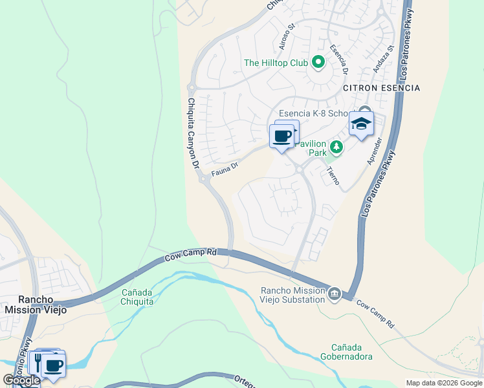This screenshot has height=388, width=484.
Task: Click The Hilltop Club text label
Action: pyautogui.click(x=275, y=63)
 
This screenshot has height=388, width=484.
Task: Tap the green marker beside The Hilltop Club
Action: pyautogui.click(x=318, y=63)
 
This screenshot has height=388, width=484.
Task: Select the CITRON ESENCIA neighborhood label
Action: pyautogui.click(x=381, y=88)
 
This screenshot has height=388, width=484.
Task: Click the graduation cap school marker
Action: pyautogui.click(x=361, y=124)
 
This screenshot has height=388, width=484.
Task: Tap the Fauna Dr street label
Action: pyautogui.click(x=225, y=169)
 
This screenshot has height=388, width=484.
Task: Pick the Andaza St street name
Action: pyautogui.click(x=382, y=58)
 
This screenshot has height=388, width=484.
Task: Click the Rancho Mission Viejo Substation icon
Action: pyautogui.click(x=335, y=294)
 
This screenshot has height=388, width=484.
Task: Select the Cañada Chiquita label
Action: pyautogui.click(x=137, y=297)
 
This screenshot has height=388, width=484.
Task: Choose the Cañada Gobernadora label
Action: pyautogui.click(x=346, y=351)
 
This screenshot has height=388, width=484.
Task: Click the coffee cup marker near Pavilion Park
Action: pyautogui.click(x=281, y=136)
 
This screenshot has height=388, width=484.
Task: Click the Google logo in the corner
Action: pyautogui.click(x=22, y=380)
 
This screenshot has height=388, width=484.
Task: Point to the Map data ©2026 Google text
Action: pyautogui.click(x=443, y=383)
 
